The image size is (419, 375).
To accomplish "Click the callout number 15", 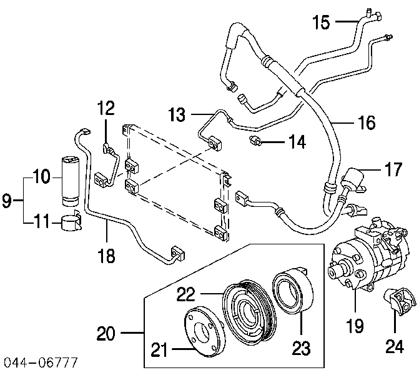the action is (321, 22).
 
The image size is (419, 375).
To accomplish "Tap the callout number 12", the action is (106, 107).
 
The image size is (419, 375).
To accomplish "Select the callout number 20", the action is (106, 333).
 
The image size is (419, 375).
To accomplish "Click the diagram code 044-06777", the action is (41, 362).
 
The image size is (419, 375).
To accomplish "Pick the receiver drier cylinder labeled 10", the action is (69, 182).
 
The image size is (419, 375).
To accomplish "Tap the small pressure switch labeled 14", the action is (255, 141).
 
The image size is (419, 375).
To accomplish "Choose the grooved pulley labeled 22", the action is (249, 311).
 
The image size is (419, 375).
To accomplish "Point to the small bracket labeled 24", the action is (400, 301).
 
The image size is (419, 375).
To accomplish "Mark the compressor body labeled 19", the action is (369, 257).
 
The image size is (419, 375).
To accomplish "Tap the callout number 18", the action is (106, 256).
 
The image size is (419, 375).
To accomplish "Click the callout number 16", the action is (367, 122).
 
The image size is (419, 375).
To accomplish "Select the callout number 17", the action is (393, 169).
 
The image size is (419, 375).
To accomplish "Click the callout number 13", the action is (177, 114).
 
